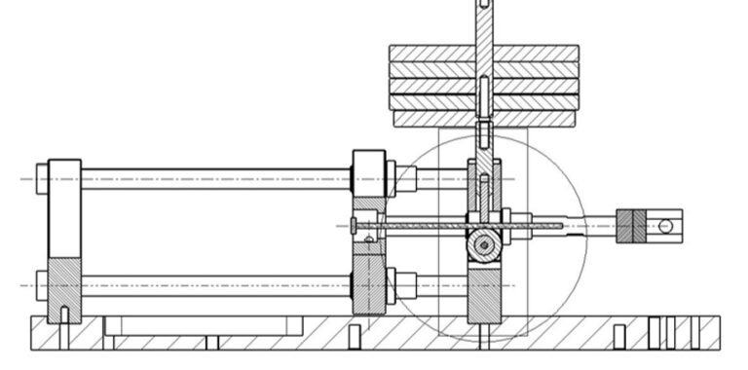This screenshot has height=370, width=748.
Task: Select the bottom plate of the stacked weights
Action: (429, 119)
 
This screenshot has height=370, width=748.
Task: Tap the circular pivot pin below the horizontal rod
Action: (482, 245)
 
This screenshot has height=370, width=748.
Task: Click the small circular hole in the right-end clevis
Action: (665, 226)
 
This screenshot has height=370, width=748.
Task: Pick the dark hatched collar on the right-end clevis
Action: (631, 226)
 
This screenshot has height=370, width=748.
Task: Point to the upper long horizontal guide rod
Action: (214, 179)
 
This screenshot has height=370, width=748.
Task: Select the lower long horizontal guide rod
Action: (214, 285)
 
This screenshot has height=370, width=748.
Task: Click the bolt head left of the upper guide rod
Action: (41, 179)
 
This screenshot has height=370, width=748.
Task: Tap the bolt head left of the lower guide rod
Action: (41, 285)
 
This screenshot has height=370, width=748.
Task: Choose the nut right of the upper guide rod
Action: (405, 179)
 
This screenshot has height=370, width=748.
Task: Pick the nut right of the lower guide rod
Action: (405, 285)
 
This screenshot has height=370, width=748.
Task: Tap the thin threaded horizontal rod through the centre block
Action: (429, 226)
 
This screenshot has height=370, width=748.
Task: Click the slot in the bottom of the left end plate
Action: (64, 314)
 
